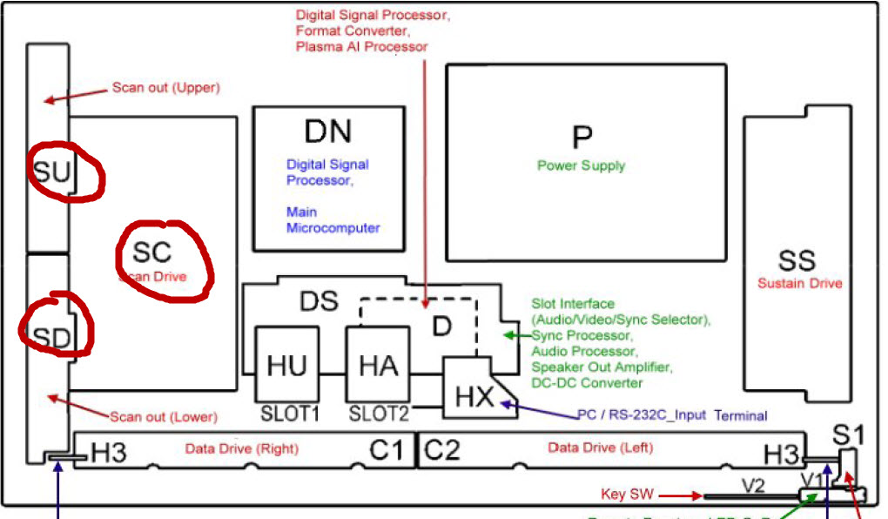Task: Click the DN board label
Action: click(x=327, y=131)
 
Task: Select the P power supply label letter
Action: click(x=582, y=137)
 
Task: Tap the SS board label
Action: click(x=797, y=259)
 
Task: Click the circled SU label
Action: click(x=51, y=172)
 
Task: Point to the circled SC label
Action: click(x=152, y=253)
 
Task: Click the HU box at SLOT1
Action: click(x=286, y=366)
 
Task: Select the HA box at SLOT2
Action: click(x=378, y=366)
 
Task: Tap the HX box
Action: click(x=475, y=397)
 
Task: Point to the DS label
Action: click(x=319, y=300)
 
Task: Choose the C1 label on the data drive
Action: click(x=386, y=450)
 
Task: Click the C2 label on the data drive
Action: click(x=441, y=450)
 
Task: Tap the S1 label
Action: click(x=848, y=433)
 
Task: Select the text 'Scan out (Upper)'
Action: click(x=165, y=88)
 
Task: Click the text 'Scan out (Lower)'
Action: click(x=163, y=416)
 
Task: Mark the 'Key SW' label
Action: click(x=624, y=495)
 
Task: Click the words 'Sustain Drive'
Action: click(x=799, y=283)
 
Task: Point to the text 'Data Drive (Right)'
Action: click(x=241, y=448)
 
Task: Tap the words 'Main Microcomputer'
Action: click(x=333, y=219)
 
